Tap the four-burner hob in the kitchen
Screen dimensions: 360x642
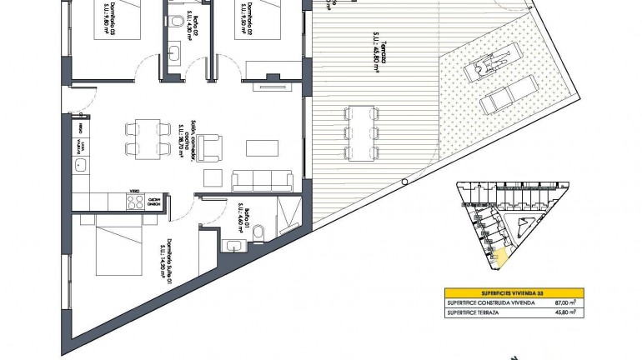pyautogui.click(x=133, y=200)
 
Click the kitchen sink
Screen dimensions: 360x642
pyautogui.click(x=80, y=167)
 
